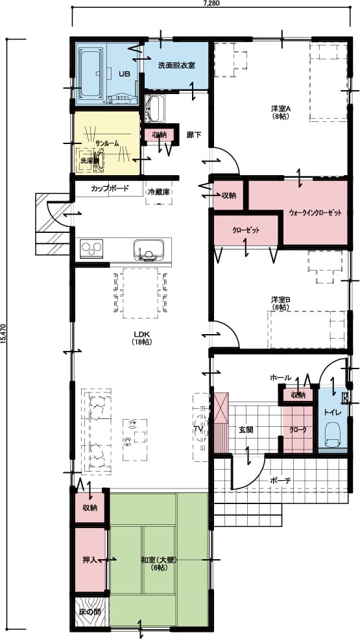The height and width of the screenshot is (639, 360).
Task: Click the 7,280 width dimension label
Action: pos(211,3)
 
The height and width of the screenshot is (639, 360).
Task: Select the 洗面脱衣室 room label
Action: pos(177,66)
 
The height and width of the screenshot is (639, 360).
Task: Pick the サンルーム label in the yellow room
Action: pos(106,143)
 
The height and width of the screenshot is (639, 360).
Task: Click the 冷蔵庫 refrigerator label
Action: pos(159,192)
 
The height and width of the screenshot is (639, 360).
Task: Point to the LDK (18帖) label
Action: pos(141,337)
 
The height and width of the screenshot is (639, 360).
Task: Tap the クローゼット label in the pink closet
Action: pos(246,230)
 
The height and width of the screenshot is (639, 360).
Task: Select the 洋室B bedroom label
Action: pos(281,302)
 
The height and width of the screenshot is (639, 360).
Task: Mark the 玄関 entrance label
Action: pos(246,429)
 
